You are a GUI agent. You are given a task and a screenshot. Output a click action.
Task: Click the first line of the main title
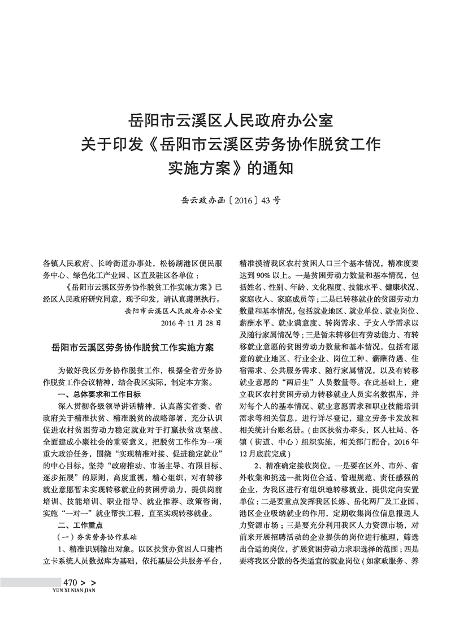tap(227, 120)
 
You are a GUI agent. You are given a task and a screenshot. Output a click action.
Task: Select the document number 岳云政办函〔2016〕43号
tap(227, 199)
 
